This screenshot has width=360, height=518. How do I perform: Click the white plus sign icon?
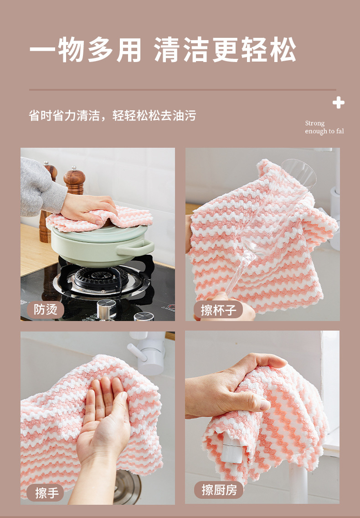tap(338, 103)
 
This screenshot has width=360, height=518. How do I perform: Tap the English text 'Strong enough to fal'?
tap(324, 127)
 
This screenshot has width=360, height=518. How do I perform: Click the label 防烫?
tap(46, 309)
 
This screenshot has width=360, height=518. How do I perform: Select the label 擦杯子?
tap(219, 310)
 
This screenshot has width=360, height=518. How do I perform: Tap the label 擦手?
tap(47, 492)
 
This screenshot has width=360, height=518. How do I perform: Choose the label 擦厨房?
tap(219, 490)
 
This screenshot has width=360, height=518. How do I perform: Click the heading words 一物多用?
tap(86, 50)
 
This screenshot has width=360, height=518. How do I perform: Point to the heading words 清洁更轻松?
tap(225, 50)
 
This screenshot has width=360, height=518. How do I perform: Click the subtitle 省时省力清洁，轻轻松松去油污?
tap(112, 115)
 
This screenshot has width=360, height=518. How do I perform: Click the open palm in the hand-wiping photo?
tap(104, 424)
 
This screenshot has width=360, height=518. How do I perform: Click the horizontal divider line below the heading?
tap(182, 90)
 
